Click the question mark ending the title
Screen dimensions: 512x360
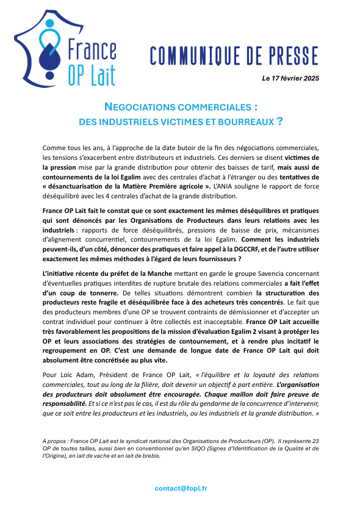pyautogui.click(x=279, y=121)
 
